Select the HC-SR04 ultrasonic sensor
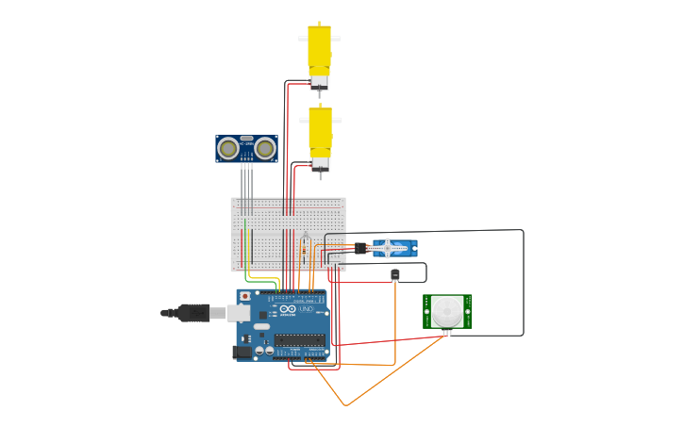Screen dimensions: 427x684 [x=246, y=148]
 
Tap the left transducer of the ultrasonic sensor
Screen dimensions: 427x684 [x=227, y=148]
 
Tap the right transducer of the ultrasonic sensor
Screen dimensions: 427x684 [x=265, y=148]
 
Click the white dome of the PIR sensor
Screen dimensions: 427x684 [x=447, y=310]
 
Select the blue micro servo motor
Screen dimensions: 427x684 [x=394, y=248]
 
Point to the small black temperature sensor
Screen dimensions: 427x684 [x=394, y=274]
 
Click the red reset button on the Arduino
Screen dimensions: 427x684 [x=246, y=295]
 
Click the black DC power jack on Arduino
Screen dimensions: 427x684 [x=242, y=352]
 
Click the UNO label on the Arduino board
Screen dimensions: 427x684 [x=307, y=309]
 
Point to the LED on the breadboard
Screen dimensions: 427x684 [x=305, y=238]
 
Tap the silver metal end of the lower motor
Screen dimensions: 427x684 [x=321, y=164]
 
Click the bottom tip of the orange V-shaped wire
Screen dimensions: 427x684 [x=346, y=405]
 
